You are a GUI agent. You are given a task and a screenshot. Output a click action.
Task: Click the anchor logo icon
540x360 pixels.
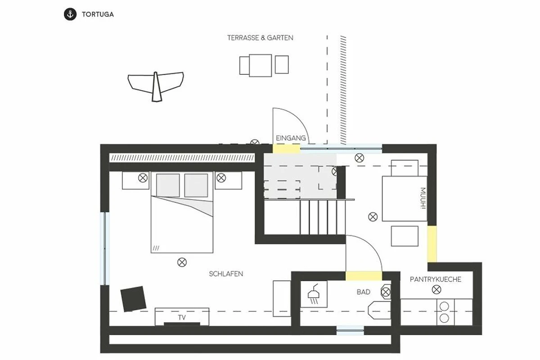(70, 14)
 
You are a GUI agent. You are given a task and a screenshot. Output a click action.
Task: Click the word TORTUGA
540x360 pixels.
(98, 14)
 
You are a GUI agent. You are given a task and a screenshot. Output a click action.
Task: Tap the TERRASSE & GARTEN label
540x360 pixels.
(261, 38)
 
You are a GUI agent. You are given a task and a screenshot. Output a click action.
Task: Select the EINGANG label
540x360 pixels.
(291, 138)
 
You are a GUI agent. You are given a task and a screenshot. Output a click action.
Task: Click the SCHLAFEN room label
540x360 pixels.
(226, 274)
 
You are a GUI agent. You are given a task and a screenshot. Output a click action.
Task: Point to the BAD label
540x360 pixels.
(363, 292)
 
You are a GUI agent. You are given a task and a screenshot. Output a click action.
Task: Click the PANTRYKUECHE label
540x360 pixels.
(436, 279)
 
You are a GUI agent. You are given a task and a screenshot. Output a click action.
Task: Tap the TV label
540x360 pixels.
(182, 318)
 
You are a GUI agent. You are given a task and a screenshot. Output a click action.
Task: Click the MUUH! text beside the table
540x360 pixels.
(423, 198)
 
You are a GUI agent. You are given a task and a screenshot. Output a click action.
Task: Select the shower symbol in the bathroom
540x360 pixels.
(313, 295)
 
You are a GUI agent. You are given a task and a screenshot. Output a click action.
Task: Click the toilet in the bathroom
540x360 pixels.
(379, 310)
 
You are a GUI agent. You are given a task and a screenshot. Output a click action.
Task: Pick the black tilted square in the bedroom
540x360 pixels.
(133, 299)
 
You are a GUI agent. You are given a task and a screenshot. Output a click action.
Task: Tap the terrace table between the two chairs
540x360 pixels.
(261, 65)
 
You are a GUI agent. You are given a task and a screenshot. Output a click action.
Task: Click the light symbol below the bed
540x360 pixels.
(182, 262)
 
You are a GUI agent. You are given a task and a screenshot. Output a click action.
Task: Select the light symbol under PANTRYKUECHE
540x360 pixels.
(436, 289)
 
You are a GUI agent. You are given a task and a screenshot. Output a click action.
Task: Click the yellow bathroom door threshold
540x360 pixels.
(364, 276)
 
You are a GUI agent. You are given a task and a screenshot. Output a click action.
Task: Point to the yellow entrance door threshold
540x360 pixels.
(286, 148)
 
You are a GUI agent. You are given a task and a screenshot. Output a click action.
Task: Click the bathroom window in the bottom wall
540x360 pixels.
(350, 330)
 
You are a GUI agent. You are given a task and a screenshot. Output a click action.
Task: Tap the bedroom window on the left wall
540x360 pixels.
(104, 248)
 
